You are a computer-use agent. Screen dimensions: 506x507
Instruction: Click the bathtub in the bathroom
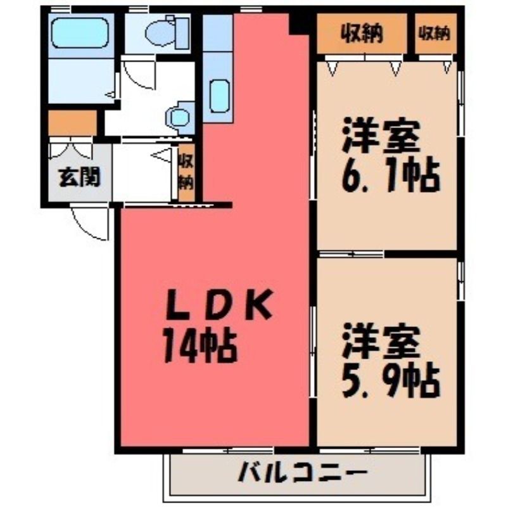[x=80, y=33]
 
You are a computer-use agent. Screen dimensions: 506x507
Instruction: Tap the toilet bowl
[x=161, y=32]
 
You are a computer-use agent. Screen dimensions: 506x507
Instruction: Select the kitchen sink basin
[x=219, y=96]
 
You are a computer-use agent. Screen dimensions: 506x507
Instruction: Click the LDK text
[x=218, y=305]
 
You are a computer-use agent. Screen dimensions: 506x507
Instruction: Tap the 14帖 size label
[x=200, y=346]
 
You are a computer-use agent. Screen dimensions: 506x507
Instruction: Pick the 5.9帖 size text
[x=391, y=382]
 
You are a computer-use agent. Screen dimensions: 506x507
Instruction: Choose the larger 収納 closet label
[x=362, y=33]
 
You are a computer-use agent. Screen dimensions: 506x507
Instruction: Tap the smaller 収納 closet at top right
[x=435, y=33]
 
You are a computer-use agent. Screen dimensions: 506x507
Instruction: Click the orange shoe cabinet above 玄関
[x=72, y=123]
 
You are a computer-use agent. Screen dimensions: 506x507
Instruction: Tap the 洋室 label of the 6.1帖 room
[x=381, y=135]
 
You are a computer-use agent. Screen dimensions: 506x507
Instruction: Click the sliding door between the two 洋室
[x=351, y=254]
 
